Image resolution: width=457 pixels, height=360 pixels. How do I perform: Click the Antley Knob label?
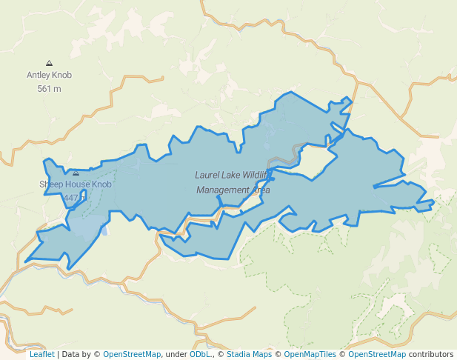click(x=49, y=75)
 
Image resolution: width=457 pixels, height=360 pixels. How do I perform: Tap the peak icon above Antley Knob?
click(x=49, y=64)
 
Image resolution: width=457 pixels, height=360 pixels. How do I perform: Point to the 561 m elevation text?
click(x=49, y=89)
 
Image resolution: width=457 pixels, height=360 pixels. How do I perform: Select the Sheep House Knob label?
click(x=76, y=184)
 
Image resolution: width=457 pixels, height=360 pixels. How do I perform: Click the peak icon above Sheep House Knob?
click(x=76, y=173)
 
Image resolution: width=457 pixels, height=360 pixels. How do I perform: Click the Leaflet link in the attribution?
click(x=41, y=354)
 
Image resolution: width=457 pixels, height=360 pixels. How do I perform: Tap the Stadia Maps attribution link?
click(x=249, y=354)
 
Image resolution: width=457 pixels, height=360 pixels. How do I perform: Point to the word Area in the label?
click(x=260, y=190)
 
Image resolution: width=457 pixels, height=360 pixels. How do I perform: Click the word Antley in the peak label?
click(x=39, y=75)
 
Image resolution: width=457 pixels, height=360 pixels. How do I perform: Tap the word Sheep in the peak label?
click(x=51, y=184)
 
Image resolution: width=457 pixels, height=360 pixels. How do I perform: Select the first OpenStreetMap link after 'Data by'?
click(x=131, y=354)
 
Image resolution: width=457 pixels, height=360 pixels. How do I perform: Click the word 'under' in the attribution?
click(x=176, y=354)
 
